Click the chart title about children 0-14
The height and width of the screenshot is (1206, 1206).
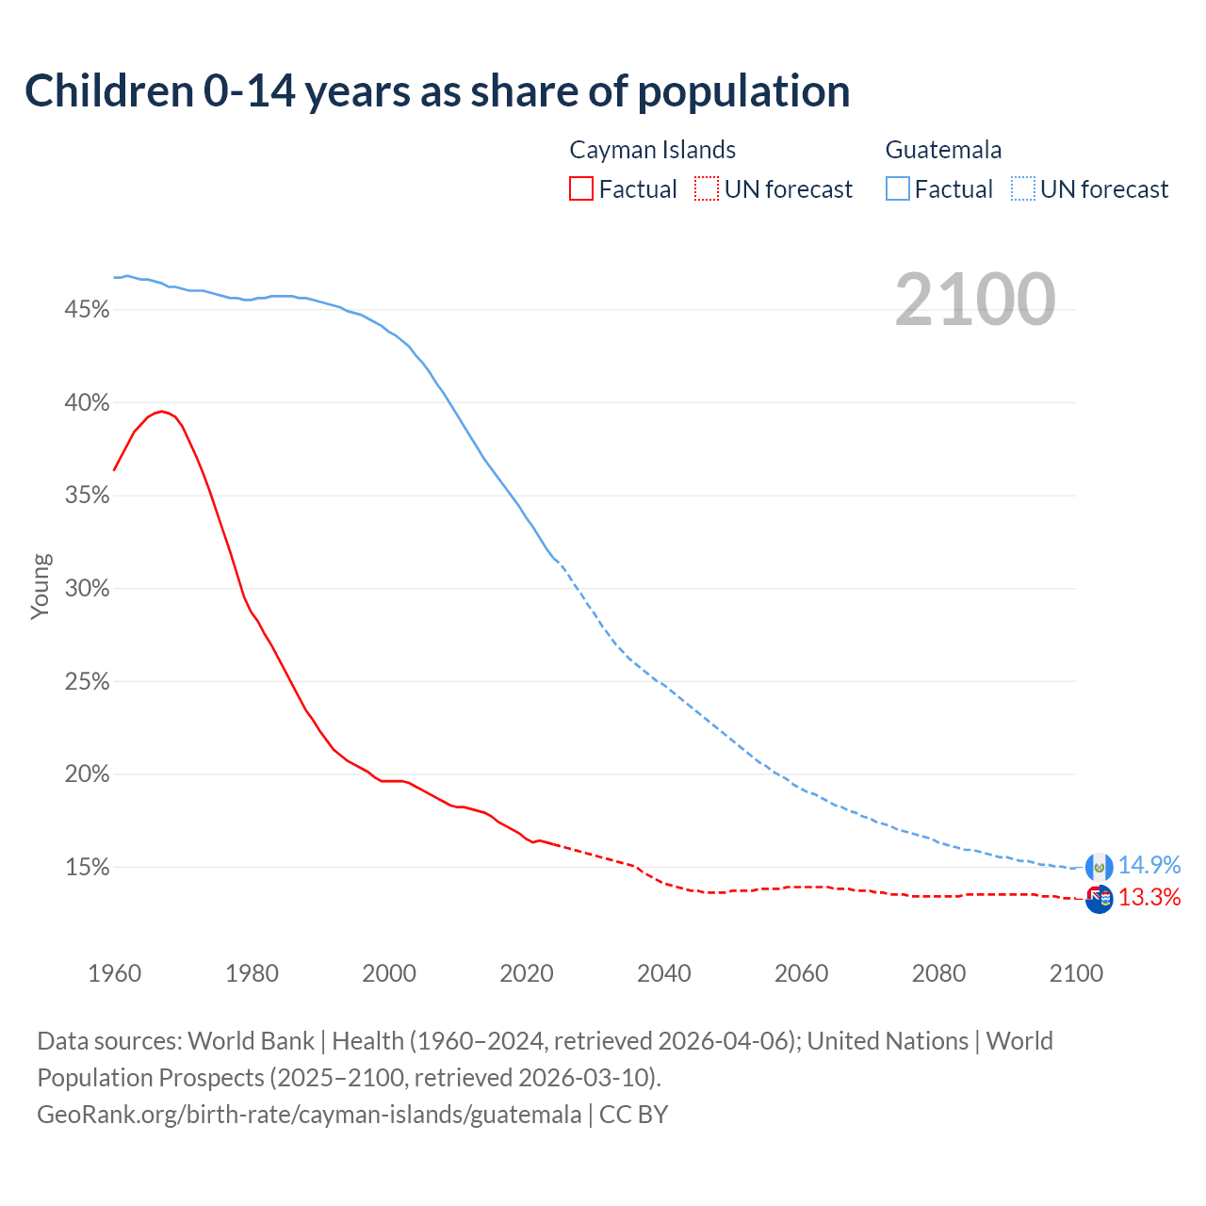(x=437, y=91)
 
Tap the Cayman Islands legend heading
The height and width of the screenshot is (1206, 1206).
(x=652, y=150)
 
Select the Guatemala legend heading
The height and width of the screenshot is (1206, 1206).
(x=943, y=150)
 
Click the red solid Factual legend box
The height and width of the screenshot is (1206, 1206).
(x=581, y=189)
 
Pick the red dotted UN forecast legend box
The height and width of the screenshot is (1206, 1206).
(x=707, y=189)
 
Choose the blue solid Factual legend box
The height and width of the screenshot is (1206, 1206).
(x=898, y=189)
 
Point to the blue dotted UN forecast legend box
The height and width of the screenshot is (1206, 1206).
(x=1022, y=189)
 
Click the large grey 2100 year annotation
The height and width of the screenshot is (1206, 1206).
(x=975, y=300)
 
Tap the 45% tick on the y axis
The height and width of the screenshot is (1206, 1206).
(x=88, y=310)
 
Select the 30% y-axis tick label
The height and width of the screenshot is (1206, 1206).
(x=88, y=589)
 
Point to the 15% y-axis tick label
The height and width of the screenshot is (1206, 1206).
(x=88, y=868)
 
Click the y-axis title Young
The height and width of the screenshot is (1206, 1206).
(x=41, y=586)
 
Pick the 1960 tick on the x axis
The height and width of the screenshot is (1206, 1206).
(x=114, y=973)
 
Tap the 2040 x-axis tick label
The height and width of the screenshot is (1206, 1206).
(x=664, y=973)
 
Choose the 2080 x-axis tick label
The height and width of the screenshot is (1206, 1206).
(x=938, y=973)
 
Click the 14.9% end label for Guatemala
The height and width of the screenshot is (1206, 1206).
(x=1149, y=866)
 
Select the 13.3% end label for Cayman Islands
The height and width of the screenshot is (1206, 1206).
(x=1149, y=898)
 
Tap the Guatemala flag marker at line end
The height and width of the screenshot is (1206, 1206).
(x=1099, y=867)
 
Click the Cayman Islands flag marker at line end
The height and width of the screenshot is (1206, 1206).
(x=1099, y=899)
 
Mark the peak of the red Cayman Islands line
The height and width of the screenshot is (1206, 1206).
(x=162, y=411)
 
